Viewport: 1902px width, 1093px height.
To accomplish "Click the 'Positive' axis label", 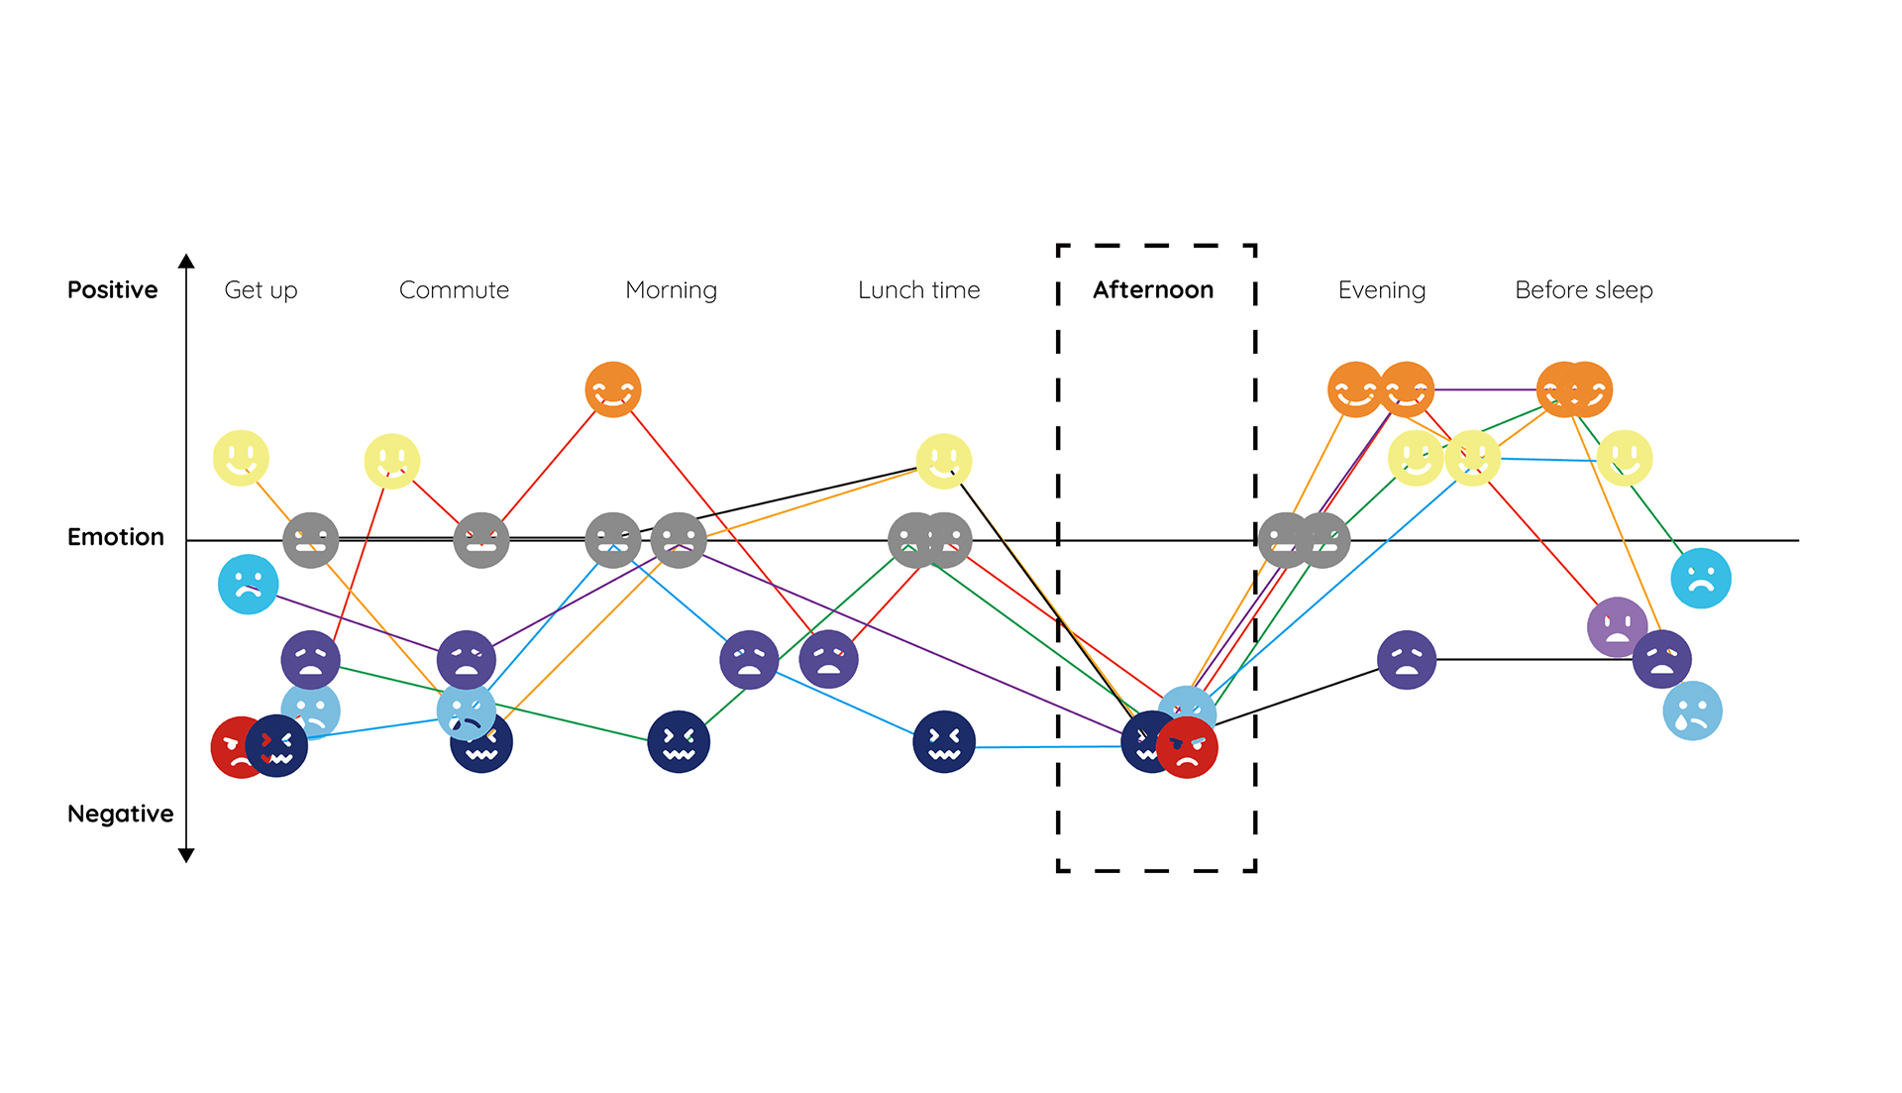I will [112, 289].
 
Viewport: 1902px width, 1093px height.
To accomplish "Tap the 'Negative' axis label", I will [120, 814].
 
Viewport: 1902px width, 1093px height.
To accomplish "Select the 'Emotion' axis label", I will [115, 537].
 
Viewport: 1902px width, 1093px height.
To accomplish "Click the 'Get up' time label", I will [261, 290].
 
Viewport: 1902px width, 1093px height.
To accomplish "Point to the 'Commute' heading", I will [454, 289].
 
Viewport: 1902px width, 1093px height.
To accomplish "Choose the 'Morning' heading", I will [671, 290].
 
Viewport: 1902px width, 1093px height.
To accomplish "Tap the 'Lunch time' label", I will [918, 289].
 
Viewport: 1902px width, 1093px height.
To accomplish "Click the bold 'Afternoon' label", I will [1153, 289].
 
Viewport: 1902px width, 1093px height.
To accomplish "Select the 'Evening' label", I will [1381, 290].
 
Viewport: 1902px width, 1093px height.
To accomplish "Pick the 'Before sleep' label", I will [1583, 290].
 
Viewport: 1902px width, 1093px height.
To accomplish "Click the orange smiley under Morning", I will [613, 389].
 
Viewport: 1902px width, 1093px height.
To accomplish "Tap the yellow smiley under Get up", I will [241, 458].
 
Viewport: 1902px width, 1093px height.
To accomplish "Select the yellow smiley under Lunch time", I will [943, 461].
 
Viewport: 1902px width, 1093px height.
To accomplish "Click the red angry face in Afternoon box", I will [1187, 748].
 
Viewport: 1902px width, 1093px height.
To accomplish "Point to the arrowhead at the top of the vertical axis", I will [186, 262].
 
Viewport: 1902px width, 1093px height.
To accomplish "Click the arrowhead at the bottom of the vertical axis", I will [186, 855].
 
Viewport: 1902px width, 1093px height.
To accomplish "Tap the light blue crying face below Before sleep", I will [1692, 710].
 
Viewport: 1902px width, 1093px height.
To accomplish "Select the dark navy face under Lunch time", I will [943, 741].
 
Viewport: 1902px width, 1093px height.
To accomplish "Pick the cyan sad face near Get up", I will [248, 584].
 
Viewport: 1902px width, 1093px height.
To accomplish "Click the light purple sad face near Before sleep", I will [1617, 626].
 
